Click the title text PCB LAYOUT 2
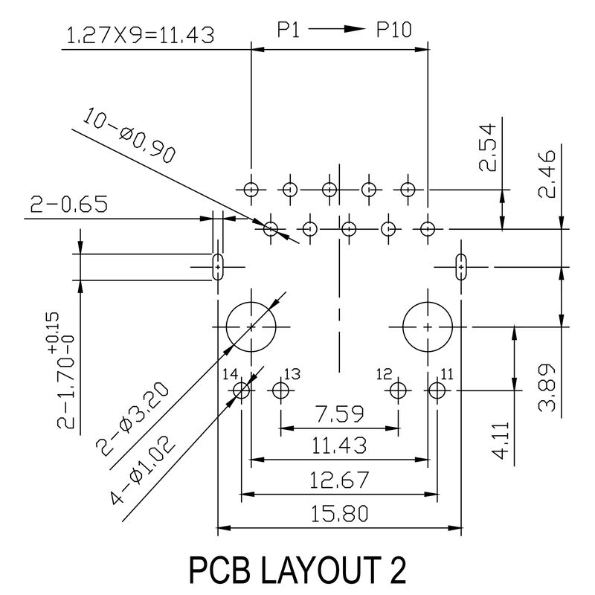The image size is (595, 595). [x=297, y=570]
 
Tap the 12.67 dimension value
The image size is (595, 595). [x=340, y=480]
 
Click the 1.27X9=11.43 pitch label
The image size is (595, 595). [x=141, y=35]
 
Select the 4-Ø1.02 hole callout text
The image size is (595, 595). [x=144, y=470]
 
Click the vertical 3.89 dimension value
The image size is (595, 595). [x=547, y=387]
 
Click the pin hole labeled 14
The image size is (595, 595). [x=241, y=389]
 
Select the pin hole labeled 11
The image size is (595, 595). [x=437, y=389]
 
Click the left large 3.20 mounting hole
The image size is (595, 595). [x=251, y=327]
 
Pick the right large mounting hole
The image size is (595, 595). [x=427, y=327]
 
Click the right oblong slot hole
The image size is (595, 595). [x=461, y=265]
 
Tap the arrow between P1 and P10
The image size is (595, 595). [x=335, y=30]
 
